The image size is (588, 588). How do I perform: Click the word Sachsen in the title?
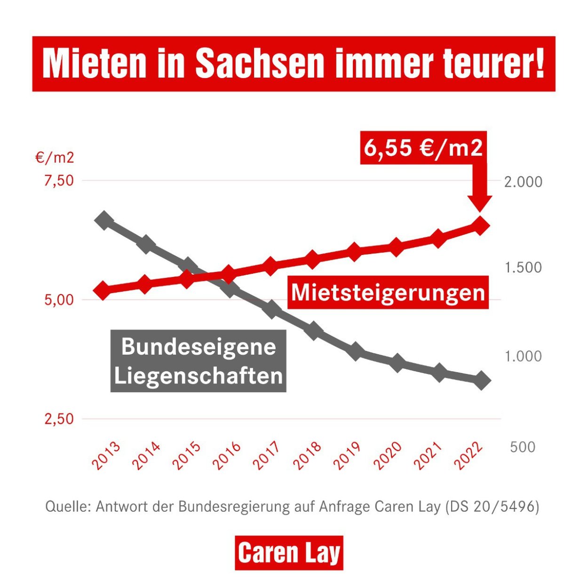click(x=259, y=64)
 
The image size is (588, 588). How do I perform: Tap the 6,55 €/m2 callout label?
click(x=423, y=148)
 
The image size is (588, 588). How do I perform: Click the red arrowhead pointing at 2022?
click(x=480, y=202)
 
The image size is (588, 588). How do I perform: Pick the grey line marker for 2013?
click(x=104, y=220)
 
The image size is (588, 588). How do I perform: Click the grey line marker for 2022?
click(x=481, y=380)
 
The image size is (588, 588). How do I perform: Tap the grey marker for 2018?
click(x=314, y=331)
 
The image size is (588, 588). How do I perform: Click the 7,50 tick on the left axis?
click(x=59, y=181)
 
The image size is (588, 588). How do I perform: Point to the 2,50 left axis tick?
click(x=59, y=419)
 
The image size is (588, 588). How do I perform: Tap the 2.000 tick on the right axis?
click(x=523, y=182)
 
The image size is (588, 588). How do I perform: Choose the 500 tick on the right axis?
click(x=522, y=447)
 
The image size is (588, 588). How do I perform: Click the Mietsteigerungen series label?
click(x=388, y=293)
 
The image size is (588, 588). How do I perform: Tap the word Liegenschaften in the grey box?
click(x=199, y=376)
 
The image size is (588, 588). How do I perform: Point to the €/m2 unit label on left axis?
click(x=55, y=158)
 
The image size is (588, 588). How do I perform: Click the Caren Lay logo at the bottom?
click(x=289, y=553)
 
